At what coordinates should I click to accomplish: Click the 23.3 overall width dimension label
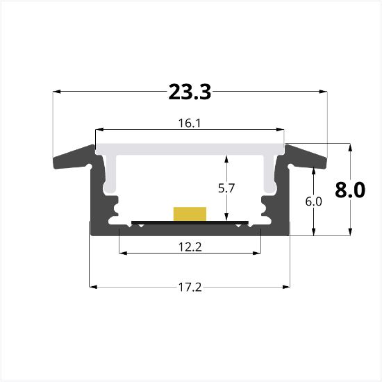click(x=190, y=91)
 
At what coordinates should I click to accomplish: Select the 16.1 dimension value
click(x=190, y=122)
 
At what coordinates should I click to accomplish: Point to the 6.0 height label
click(x=314, y=202)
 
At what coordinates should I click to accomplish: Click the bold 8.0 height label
click(x=349, y=190)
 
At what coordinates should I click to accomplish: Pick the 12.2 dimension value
click(x=190, y=246)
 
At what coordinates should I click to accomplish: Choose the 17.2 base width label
click(x=190, y=286)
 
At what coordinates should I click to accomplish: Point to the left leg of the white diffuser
click(x=110, y=174)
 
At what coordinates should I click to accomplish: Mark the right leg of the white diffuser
click(x=270, y=174)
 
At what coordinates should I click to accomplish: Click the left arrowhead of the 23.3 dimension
click(x=57, y=91)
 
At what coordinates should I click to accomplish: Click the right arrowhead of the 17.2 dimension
click(x=285, y=286)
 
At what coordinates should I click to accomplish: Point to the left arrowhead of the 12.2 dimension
click(x=123, y=253)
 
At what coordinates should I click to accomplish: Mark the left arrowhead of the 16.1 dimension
click(x=99, y=130)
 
